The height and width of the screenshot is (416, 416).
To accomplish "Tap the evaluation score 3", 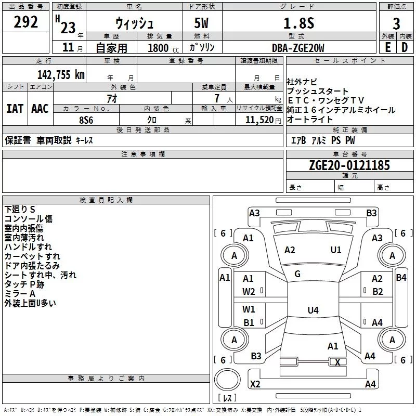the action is [396, 23].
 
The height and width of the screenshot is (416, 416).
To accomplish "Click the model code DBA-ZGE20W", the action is [298, 48].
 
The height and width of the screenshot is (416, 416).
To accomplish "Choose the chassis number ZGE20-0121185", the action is [349, 166].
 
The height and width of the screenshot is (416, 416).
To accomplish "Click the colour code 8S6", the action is [86, 119].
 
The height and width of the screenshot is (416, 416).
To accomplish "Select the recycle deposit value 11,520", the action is [259, 119].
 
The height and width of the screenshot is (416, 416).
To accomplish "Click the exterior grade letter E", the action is [387, 48].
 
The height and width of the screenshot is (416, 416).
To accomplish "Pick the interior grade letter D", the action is [405, 48].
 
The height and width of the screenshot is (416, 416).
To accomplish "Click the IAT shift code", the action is [15, 109].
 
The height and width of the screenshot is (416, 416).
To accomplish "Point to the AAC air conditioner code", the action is [40, 109].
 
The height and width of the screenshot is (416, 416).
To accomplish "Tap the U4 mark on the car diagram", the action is [313, 310].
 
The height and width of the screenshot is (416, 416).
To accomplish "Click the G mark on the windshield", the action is [297, 274].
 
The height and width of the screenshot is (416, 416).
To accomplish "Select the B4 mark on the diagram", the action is [401, 278].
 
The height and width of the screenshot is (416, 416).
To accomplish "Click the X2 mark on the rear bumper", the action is [255, 384].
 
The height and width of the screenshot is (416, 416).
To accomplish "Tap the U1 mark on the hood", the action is [336, 250].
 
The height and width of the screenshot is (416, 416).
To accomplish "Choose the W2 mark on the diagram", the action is [249, 292].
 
